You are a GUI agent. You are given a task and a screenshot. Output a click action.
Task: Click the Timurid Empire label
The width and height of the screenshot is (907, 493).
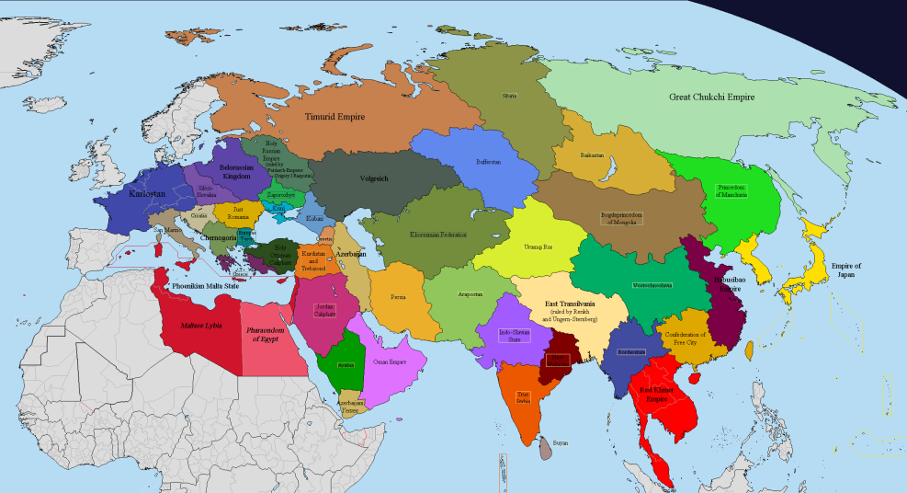coord(334,117)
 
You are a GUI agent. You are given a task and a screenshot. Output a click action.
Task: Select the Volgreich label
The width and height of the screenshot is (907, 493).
coord(374,178)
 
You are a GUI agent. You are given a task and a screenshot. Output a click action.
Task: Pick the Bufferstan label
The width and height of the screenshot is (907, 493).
coord(487,162)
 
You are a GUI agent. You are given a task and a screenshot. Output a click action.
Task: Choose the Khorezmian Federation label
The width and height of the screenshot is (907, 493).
coord(438,235)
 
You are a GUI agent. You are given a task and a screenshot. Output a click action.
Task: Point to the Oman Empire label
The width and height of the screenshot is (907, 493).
coord(390,362)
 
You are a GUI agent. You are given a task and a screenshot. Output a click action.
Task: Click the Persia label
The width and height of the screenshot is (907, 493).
coord(398,297)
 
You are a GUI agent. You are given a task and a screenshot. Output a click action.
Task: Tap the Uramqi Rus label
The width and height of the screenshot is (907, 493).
coord(538,247)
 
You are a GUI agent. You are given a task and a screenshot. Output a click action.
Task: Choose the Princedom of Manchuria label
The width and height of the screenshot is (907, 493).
coord(731,190)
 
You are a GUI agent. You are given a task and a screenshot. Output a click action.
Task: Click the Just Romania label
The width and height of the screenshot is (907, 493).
coord(238,212)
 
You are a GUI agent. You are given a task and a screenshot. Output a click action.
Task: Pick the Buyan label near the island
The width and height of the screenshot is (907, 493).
coord(561,442)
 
